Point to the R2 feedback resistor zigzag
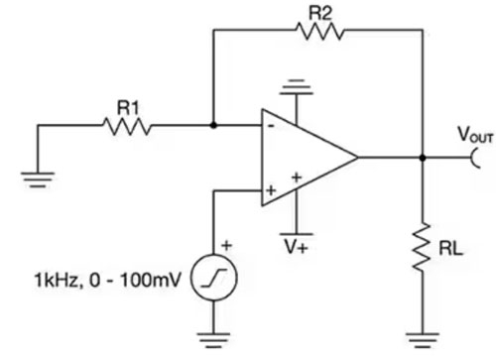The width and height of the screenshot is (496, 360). click(319, 32)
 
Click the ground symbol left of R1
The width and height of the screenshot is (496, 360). click(38, 179)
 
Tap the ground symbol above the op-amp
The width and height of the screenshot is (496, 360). click(295, 91)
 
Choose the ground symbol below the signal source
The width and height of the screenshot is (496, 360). click(213, 338)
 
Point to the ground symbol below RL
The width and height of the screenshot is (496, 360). click(424, 337)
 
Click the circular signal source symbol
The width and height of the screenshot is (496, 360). click(213, 280)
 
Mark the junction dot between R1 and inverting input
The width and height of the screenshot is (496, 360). click(213, 126)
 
